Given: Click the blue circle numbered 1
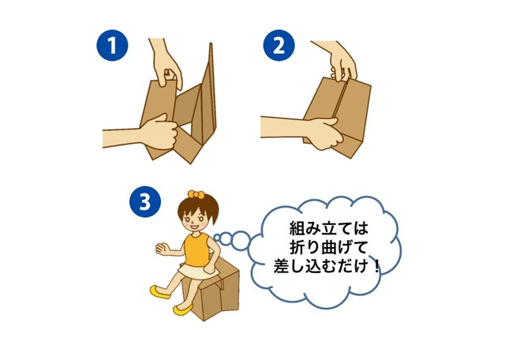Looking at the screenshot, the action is [112, 46].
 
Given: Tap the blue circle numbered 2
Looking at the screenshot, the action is [279, 46].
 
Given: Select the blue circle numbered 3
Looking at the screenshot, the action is [145, 202].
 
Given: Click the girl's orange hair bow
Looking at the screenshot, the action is [196, 194].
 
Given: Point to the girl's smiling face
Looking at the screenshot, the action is [195, 220].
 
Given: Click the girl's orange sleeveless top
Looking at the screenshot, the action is [196, 249].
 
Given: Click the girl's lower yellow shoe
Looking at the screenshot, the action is [183, 310].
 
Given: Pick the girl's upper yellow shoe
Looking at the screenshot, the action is [160, 291].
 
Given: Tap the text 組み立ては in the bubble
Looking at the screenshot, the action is [328, 228].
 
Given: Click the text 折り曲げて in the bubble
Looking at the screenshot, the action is [328, 248].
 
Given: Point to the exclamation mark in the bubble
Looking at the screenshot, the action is [377, 267].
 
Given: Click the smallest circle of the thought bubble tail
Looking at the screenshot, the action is [217, 238].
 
